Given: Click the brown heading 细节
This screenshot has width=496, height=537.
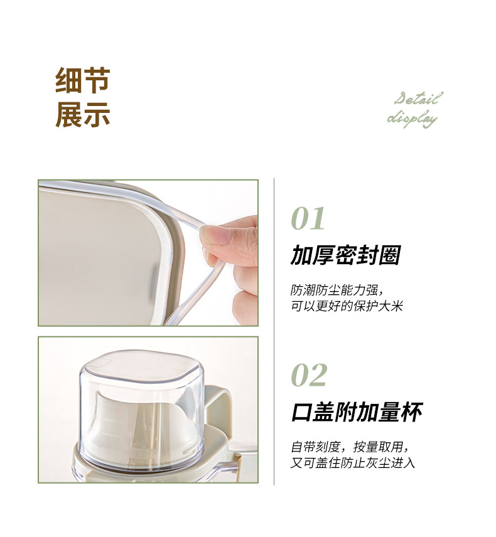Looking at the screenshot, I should coord(83,80).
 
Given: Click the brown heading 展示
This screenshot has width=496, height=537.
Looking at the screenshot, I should coord(83,114).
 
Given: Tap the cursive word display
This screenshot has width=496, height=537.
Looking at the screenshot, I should coord(412,118).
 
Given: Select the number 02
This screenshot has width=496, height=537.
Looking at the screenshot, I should coord(309,375).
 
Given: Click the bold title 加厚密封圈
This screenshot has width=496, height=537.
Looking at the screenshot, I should coord(345,255).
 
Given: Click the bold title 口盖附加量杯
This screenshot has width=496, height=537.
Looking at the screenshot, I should coord(357,412).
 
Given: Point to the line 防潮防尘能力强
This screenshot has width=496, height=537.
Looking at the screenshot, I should coord(337,291).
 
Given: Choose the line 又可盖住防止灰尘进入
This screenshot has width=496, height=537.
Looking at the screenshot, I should coord(352,463).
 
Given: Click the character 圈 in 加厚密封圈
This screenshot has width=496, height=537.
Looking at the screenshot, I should coord(389,255).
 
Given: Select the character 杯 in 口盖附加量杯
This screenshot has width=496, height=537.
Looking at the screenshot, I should coord(411,412).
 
